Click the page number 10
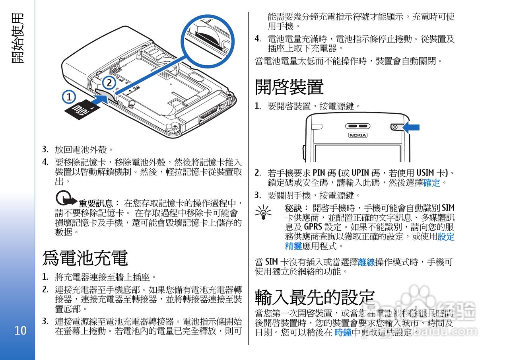[x=20, y=331]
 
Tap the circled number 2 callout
[x=109, y=83]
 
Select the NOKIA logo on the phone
[x=358, y=135]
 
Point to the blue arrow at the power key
[x=411, y=127]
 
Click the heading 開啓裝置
[x=289, y=86]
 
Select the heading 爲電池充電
[x=85, y=258]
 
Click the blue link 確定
[x=431, y=183]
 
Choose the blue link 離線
[x=366, y=262]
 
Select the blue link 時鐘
[x=343, y=333]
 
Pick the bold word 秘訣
[x=294, y=208]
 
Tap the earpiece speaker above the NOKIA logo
[x=358, y=126]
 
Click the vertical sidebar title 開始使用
[x=17, y=38]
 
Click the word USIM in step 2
[x=425, y=173]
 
